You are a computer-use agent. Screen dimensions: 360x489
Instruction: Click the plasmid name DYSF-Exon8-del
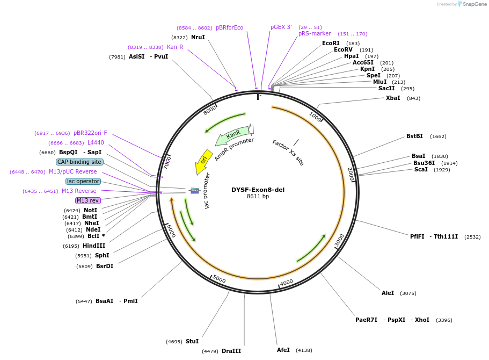click(x=258, y=190)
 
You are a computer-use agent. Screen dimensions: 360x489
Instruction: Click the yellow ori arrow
click(x=203, y=161)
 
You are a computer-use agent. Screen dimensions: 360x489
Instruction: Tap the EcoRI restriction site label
click(x=331, y=44)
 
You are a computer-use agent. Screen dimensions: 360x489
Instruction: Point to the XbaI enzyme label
click(x=393, y=98)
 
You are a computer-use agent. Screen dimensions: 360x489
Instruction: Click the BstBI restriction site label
click(x=414, y=136)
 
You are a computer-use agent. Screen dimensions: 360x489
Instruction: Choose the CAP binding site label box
click(x=79, y=162)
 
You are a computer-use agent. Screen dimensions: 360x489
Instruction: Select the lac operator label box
click(x=83, y=182)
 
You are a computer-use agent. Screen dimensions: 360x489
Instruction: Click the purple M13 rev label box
click(x=88, y=201)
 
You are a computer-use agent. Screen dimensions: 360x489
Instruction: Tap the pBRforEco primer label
click(x=229, y=28)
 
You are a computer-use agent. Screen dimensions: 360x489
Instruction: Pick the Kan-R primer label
click(x=175, y=47)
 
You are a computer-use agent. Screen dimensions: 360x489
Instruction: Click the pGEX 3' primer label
click(x=281, y=27)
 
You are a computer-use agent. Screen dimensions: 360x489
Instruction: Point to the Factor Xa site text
click(x=288, y=153)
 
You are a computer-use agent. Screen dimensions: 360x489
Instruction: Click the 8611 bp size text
click(x=258, y=197)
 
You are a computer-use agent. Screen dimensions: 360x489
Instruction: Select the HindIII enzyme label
click(x=94, y=246)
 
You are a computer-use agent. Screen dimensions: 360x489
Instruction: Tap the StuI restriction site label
click(x=192, y=342)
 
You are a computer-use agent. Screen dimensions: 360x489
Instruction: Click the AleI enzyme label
click(x=388, y=293)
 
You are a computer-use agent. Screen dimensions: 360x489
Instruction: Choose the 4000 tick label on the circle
click(x=287, y=282)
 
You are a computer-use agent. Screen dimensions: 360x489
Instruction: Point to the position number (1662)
click(x=438, y=136)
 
